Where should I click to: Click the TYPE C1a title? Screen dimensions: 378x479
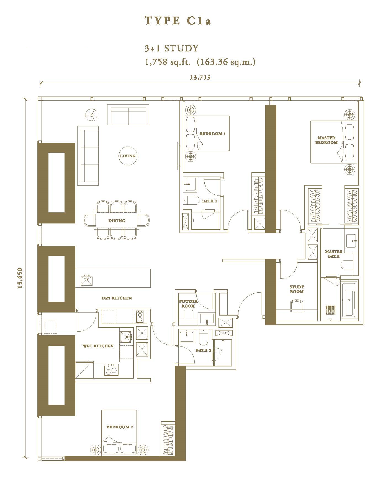point(178,21)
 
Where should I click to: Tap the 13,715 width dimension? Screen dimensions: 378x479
point(200,78)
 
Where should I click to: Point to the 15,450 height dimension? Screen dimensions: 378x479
point(20,278)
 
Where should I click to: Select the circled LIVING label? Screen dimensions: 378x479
point(128,156)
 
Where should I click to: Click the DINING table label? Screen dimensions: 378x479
point(117,221)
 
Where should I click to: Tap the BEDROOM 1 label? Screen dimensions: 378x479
point(213,134)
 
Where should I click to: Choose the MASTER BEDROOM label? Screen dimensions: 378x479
point(326,140)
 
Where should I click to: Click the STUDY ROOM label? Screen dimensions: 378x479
point(297,289)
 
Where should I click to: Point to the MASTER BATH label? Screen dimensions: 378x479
point(334,254)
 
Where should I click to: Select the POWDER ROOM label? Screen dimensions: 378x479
point(188,304)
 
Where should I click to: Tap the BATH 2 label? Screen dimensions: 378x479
point(204,350)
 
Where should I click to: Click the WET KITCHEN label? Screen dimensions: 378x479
point(98,346)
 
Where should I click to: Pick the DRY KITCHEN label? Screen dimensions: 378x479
point(117,298)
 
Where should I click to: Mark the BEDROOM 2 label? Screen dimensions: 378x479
point(120,427)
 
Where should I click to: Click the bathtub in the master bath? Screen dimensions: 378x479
point(349,300)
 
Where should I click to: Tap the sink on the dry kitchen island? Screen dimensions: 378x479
point(87,280)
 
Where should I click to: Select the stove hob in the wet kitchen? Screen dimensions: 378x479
point(111,370)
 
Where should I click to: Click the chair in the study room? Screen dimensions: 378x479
point(297,306)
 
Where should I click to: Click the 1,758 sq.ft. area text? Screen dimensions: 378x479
point(168,62)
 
